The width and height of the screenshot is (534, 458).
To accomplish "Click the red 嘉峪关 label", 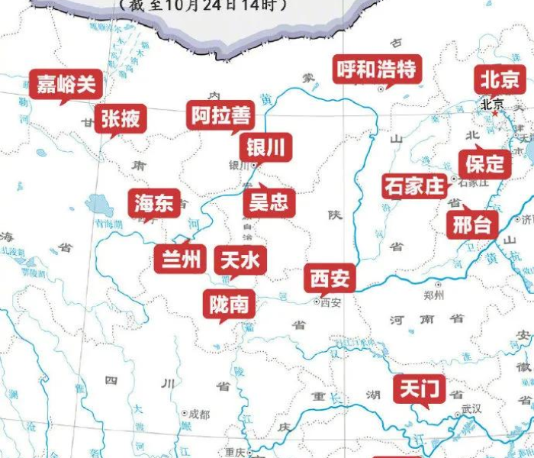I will [x=66, y=84].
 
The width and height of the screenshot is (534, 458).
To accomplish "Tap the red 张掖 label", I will [x=121, y=119].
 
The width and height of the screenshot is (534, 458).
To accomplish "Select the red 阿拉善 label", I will [x=221, y=115].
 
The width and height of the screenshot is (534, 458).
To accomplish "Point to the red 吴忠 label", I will [x=269, y=202].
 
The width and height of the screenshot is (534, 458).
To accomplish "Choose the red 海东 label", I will [x=155, y=203].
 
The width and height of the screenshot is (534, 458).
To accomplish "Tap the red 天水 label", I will [x=240, y=260].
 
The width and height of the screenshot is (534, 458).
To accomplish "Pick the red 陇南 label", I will [x=228, y=304].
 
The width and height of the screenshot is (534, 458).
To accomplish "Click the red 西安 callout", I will [x=330, y=279].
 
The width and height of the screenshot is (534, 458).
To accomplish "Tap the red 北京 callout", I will [x=500, y=79].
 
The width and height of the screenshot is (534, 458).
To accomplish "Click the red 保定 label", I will [x=485, y=163].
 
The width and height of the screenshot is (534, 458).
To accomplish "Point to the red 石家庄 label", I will [x=414, y=186].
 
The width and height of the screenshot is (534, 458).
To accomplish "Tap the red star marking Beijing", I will [x=496, y=113].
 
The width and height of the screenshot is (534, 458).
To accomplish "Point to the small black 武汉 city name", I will [x=471, y=409].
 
